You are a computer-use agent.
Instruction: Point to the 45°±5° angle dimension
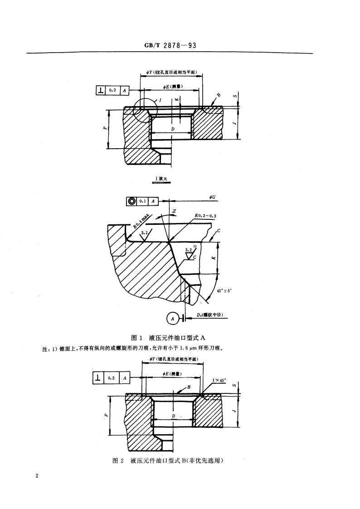(223, 291)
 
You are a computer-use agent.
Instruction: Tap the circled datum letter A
(172, 319)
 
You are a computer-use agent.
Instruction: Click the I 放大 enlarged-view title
(161, 179)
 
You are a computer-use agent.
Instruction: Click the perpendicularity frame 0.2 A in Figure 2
(112, 378)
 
